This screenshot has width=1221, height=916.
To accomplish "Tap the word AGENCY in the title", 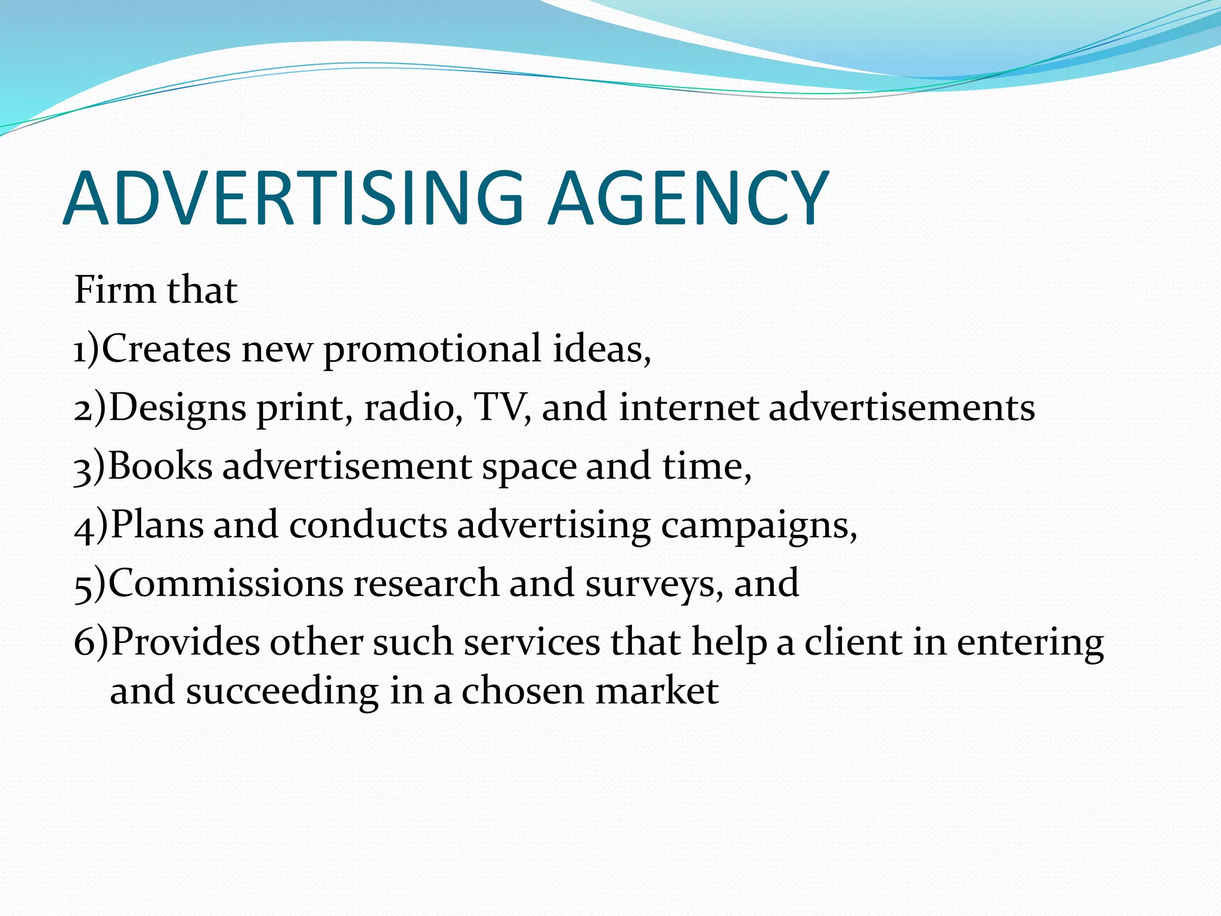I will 689,198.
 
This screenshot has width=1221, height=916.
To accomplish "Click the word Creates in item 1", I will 166,348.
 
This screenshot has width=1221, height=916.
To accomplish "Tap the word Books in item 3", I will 160,466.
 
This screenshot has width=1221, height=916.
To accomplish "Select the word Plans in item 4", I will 157,525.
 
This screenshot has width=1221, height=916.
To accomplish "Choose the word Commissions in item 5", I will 226,583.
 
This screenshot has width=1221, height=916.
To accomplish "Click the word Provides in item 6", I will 185,642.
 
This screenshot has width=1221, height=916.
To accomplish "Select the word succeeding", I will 282,692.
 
